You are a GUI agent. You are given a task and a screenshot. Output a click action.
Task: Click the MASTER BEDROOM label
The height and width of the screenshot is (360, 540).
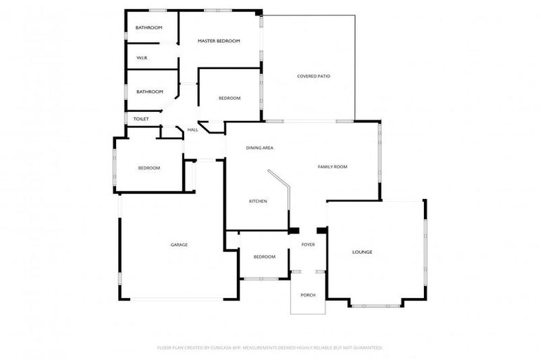coord(219,41)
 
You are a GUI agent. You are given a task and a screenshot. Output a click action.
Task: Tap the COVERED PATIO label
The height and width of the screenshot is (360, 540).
coord(314,76)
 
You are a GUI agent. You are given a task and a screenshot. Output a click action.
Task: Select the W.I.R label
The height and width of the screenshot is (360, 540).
coord(141,58)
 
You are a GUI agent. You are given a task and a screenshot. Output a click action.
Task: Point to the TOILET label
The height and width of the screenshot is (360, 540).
coord(141,119)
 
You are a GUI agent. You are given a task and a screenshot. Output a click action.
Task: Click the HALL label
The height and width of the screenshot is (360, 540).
coord(192,130)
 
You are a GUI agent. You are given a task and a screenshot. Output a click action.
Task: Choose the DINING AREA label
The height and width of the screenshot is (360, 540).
coord(259,148)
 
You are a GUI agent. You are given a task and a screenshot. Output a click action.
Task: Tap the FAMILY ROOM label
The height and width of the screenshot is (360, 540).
coord(333,167)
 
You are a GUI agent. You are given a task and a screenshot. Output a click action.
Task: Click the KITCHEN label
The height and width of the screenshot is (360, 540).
coord(258,202)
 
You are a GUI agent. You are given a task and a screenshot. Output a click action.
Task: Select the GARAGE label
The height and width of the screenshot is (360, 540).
coord(179,245)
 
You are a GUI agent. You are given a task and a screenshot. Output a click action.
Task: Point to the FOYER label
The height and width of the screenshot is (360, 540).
coord(308,245)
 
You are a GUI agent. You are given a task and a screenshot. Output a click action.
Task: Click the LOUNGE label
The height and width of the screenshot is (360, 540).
coord(362,252)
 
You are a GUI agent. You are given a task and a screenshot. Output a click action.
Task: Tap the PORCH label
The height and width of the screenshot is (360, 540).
coord(308,295)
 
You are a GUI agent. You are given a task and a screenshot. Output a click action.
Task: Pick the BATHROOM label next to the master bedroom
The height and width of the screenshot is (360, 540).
coord(149,27)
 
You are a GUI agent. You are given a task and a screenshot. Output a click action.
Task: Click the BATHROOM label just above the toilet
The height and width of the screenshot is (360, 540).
coord(150,91)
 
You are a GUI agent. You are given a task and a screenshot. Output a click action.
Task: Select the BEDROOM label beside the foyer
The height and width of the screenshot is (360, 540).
coord(264,257)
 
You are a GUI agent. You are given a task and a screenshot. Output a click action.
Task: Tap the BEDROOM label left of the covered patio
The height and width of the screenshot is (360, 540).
coord(229,98)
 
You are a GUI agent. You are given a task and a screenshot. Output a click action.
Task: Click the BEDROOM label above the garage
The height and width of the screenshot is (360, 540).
coord(149,168)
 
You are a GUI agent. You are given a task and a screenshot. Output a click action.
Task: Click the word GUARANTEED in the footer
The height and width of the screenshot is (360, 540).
coord(368,347)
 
